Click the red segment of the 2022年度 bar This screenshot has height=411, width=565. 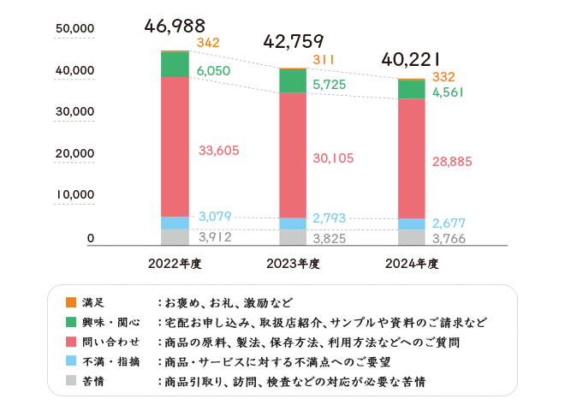coord(175,146)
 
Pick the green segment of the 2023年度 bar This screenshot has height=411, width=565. coord(294,80)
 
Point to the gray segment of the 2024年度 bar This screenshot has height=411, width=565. coord(412,237)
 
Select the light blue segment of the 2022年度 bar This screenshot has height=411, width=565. coord(175,223)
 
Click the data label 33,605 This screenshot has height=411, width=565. coord(218,151)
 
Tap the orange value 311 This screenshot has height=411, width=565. coord(324,59)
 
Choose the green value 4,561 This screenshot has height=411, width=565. coord(448,92)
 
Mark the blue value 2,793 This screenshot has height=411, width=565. coord(329,218)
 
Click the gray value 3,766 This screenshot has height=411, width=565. coord(449,239)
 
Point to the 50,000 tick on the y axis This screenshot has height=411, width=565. coord(74,29)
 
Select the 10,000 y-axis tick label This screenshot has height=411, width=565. coord(74,194)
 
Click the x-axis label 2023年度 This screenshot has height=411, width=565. coord(294,264)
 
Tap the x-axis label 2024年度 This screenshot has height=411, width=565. coord(412,264)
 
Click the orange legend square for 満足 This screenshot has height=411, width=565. coord(71,302)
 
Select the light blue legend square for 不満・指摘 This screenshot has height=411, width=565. coord(71,361)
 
